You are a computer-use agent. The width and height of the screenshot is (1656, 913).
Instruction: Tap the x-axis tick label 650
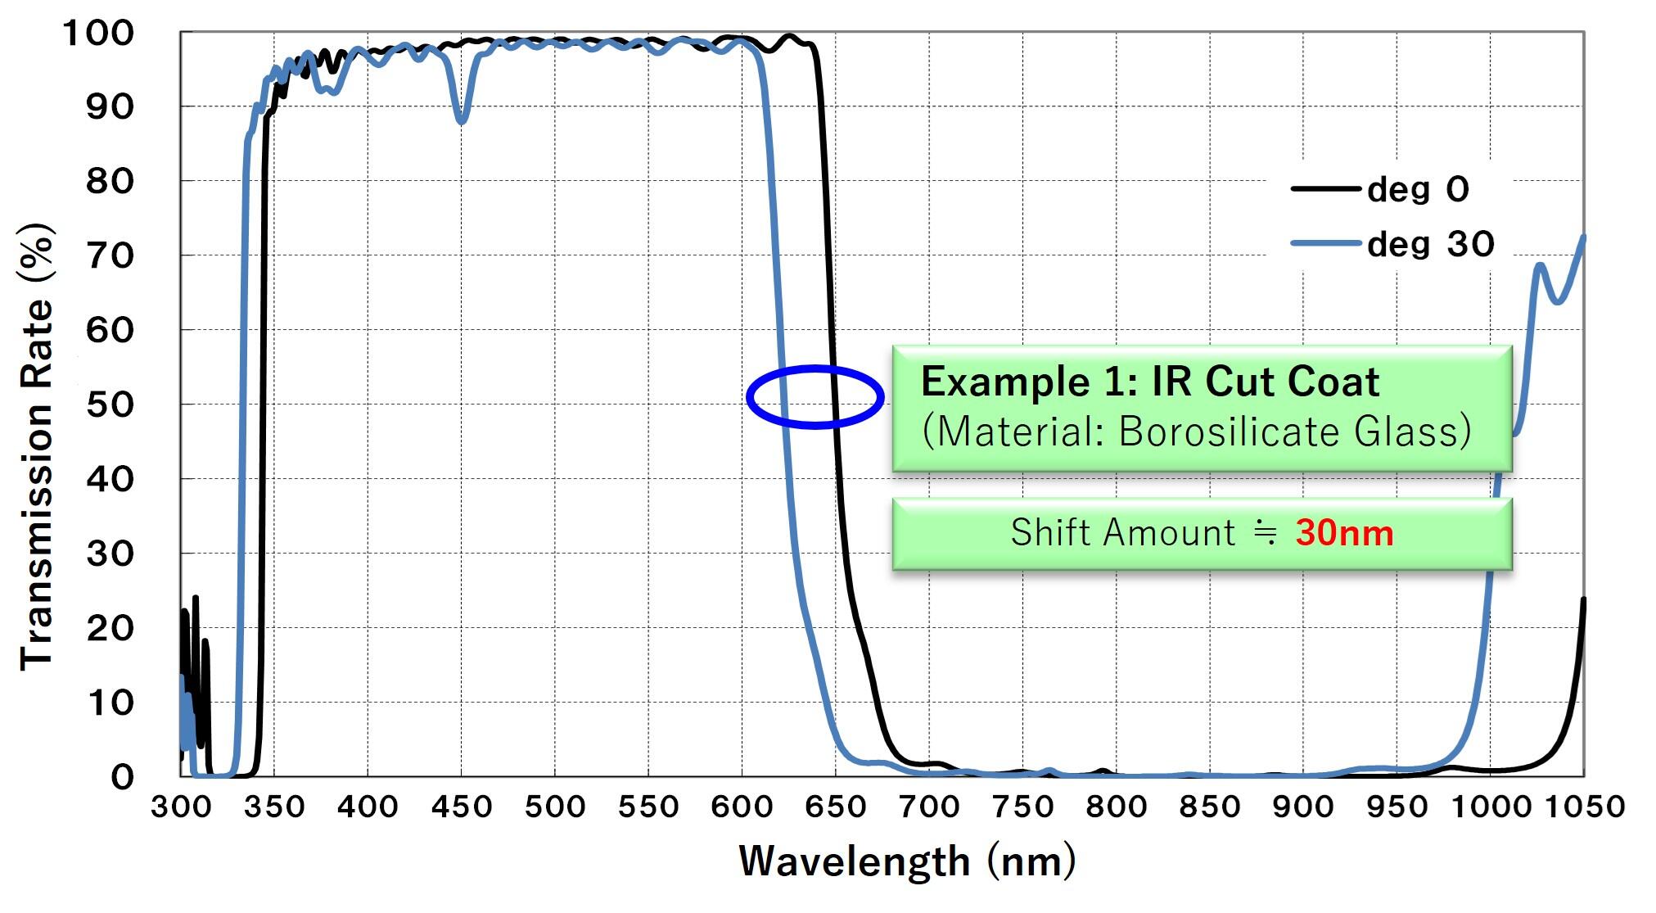click(x=835, y=807)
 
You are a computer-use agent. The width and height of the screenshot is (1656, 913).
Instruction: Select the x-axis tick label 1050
click(x=1585, y=807)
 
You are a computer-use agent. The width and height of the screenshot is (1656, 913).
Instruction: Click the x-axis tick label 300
click(x=181, y=807)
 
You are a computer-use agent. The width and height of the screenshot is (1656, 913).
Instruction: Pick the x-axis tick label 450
click(x=461, y=807)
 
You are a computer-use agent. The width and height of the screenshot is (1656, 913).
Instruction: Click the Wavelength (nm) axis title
click(x=907, y=861)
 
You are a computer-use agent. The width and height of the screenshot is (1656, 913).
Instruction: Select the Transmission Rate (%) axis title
click(x=37, y=446)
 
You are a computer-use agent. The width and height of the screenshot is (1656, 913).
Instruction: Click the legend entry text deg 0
click(x=1418, y=189)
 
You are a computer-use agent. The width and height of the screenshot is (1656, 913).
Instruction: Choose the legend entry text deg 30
click(x=1430, y=244)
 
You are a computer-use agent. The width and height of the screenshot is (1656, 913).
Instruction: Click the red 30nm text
click(x=1344, y=533)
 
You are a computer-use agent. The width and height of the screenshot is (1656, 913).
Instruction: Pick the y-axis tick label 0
click(x=122, y=776)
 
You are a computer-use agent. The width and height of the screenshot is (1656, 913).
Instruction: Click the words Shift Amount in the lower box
click(x=1122, y=533)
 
